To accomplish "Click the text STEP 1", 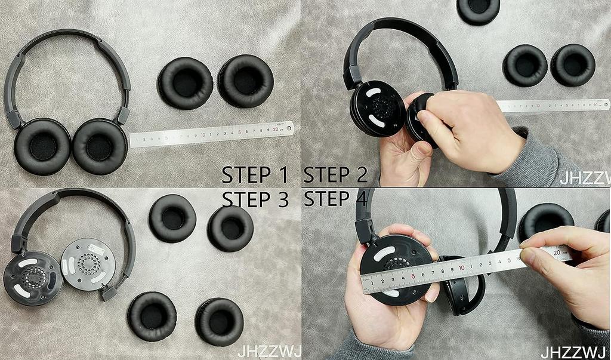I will tap(254, 175).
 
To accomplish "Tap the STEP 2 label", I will tap(335, 175).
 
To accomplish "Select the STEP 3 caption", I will tap(254, 199).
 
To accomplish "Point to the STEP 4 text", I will tap(335, 199).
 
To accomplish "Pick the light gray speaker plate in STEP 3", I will tap(88, 264).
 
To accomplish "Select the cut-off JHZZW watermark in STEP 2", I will tap(585, 178).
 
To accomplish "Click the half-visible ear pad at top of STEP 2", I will tap(478, 10).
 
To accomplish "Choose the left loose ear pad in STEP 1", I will tap(186, 82).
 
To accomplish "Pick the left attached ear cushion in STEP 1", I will tap(42, 146).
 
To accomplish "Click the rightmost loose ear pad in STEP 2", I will tap(573, 64).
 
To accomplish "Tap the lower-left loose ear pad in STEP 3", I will tap(152, 316).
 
